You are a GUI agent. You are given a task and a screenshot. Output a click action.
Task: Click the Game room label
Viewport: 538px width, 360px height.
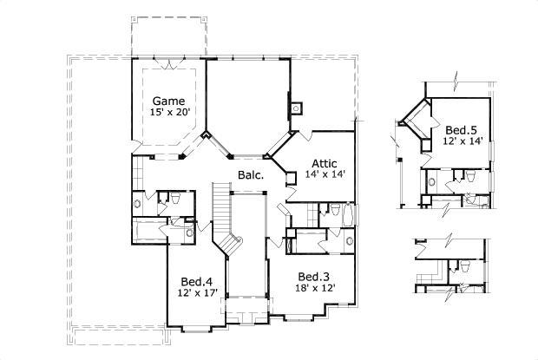pyautogui.click(x=167, y=99)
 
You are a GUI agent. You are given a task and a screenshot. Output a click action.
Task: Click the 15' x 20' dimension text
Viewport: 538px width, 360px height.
pyautogui.click(x=167, y=112)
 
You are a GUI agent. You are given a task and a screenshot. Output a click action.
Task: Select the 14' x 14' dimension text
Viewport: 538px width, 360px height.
pyautogui.click(x=325, y=174)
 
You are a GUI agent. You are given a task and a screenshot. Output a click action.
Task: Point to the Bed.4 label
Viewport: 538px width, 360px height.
pyautogui.click(x=197, y=281)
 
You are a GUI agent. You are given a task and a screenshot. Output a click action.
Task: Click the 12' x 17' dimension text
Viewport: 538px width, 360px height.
pyautogui.click(x=197, y=294)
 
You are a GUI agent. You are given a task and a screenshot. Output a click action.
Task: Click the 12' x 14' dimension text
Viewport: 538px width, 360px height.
pyautogui.click(x=461, y=141)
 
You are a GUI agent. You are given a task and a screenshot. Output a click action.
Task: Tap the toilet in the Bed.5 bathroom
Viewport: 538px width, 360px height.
pyautogui.click(x=469, y=177)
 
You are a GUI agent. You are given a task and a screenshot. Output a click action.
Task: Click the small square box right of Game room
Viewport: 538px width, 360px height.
pyautogui.click(x=296, y=108)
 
